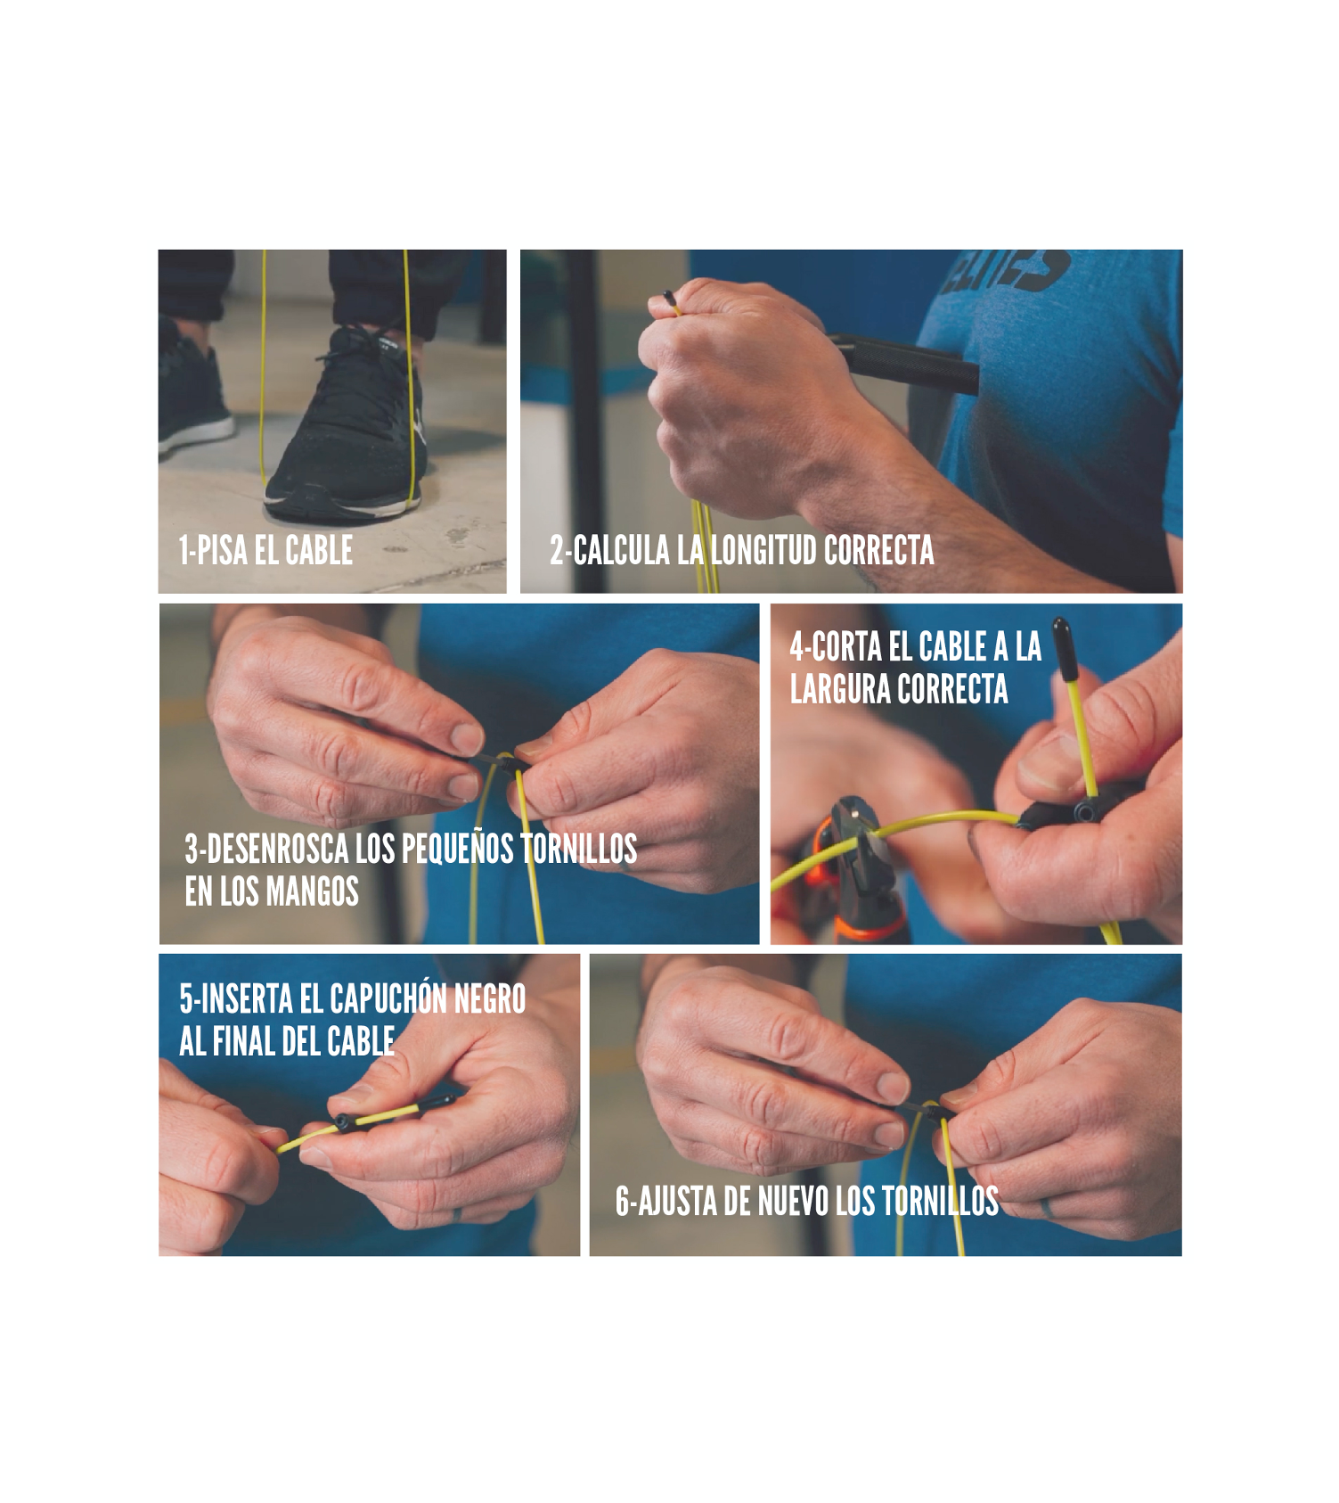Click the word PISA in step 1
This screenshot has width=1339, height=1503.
tap(222, 550)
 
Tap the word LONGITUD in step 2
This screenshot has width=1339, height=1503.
tap(763, 550)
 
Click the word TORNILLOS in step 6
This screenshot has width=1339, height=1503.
tap(940, 1202)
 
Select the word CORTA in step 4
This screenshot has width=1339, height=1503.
tap(845, 646)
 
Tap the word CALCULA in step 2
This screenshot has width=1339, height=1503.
tap(621, 550)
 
